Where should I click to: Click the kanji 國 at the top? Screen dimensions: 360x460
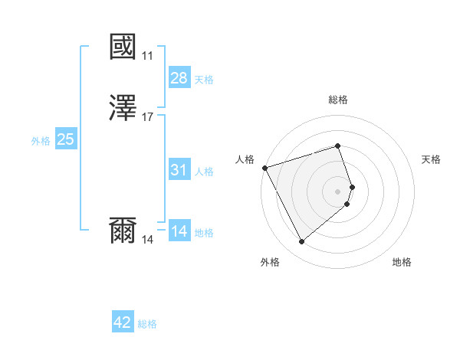click(123, 47)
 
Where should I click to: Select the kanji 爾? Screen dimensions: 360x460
click(123, 231)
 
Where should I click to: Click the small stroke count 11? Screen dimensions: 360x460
click(147, 56)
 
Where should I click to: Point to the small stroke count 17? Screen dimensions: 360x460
click(147, 117)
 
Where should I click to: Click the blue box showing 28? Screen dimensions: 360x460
click(179, 79)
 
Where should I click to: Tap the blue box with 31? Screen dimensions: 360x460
click(179, 171)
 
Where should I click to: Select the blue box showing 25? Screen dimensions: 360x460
click(66, 140)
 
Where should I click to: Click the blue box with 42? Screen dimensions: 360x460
click(123, 323)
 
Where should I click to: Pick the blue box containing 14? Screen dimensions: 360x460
click(179, 232)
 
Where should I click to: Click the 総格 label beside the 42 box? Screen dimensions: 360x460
click(147, 324)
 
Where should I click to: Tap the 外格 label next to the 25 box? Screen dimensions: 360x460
click(41, 141)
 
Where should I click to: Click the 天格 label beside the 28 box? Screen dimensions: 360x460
click(204, 80)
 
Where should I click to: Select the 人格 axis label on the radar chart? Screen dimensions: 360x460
click(245, 159)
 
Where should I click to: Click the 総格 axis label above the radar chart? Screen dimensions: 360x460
click(338, 100)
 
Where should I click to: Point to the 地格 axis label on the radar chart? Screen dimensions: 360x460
click(402, 263)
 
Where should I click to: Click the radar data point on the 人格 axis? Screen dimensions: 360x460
click(264, 167)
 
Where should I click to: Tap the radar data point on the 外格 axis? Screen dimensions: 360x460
click(301, 242)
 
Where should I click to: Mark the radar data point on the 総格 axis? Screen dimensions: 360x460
click(338, 146)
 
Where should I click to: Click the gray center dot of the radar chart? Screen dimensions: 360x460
click(338, 191)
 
